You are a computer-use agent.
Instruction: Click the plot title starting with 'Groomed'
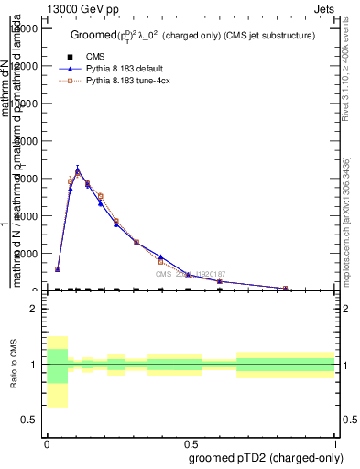point(192,36)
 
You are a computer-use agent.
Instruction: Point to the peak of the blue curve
point(78,169)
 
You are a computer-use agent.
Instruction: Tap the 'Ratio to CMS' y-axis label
point(14,365)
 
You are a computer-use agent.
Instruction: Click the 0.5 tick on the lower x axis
point(191,442)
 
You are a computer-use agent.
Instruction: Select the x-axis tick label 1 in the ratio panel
point(334,442)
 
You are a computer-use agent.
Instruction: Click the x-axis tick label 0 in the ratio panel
point(47,442)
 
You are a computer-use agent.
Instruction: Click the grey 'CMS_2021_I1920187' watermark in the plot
point(191,274)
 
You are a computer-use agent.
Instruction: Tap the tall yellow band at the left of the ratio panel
point(57,371)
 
